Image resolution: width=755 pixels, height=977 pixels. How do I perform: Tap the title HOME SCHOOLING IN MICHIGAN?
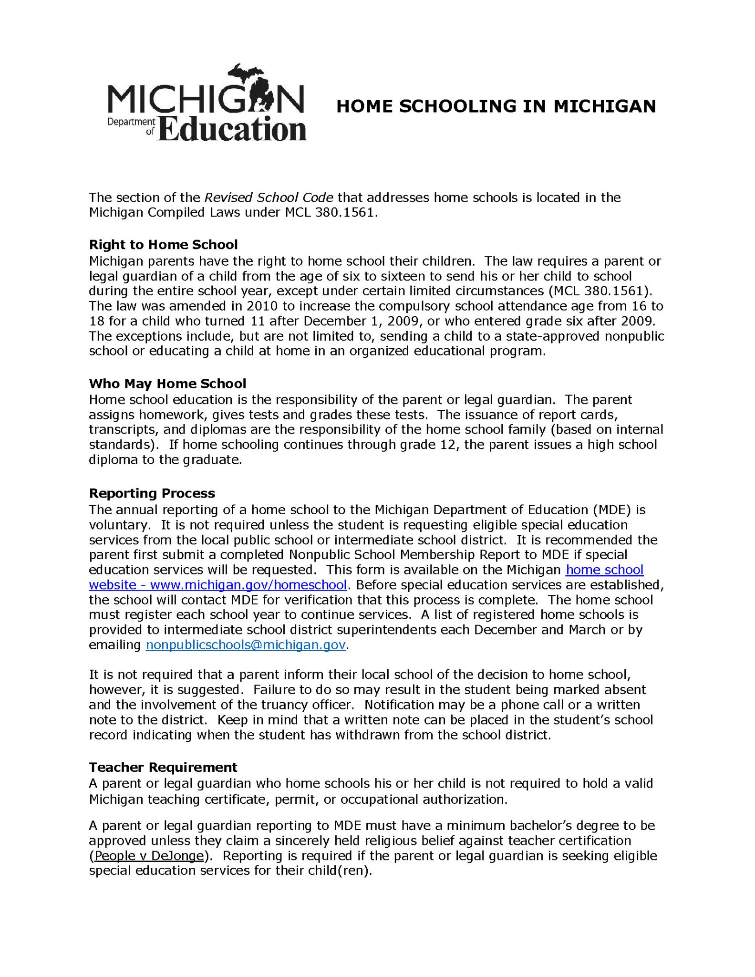[x=496, y=106]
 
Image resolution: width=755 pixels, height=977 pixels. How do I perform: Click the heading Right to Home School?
[x=163, y=245]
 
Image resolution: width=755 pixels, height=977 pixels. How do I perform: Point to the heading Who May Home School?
[x=167, y=384]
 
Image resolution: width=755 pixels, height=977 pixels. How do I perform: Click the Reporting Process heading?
[x=152, y=493]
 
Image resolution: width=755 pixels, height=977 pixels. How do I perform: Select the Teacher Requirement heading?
[x=163, y=768]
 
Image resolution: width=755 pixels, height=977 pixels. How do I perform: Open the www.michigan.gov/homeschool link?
[x=248, y=585]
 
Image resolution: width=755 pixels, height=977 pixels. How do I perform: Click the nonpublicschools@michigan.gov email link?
[x=246, y=645]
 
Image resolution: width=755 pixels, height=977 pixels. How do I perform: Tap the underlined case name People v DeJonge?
[x=148, y=856]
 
